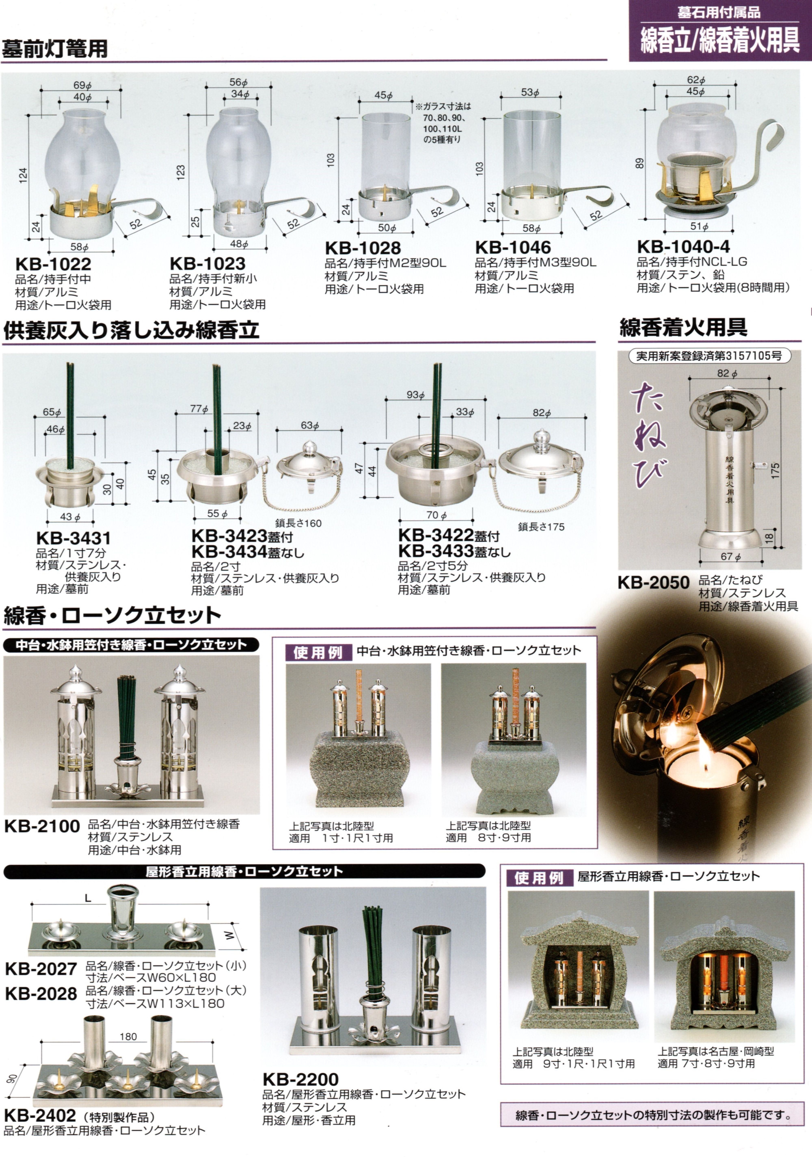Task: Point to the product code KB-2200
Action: (301, 1080)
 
